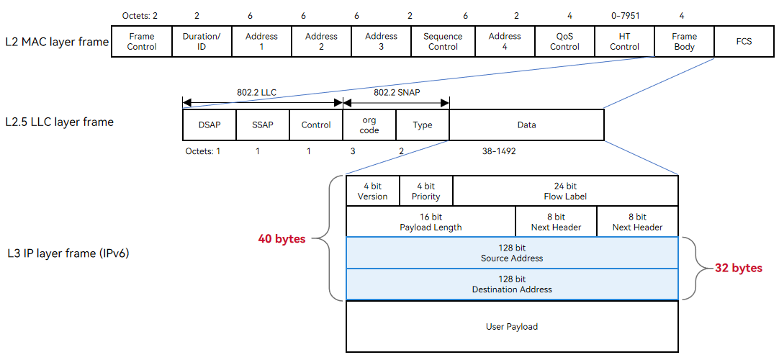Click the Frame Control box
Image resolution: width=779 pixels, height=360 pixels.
[142, 42]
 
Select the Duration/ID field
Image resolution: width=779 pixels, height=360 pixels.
[202, 42]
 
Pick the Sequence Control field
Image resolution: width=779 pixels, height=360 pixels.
[443, 42]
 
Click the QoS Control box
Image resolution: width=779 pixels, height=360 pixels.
[565, 42]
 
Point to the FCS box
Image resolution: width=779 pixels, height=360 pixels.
[744, 42]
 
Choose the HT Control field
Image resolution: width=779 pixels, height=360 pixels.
[624, 42]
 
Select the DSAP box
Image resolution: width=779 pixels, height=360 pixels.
[210, 125]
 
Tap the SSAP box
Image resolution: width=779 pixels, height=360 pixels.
[263, 125]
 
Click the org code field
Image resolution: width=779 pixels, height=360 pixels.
[369, 125]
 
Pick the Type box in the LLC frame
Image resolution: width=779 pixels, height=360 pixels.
[423, 125]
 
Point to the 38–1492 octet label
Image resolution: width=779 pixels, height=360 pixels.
[495, 151]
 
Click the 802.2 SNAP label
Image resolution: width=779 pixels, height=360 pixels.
[396, 92]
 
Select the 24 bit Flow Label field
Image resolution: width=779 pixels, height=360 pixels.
[565, 191]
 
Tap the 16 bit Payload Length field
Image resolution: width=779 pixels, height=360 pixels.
[431, 222]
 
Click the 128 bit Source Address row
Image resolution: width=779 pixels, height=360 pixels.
[512, 253]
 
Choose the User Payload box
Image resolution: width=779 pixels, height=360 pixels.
[512, 326]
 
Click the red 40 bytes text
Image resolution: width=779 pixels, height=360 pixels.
[282, 239]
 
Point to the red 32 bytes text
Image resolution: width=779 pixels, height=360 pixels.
[738, 268]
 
